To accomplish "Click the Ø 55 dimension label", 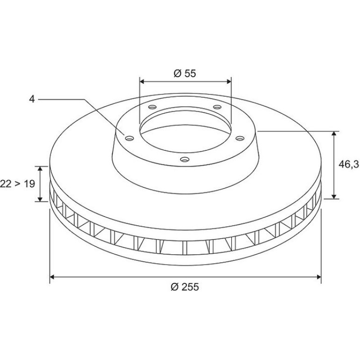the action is point(185,73).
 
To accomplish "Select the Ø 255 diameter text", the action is point(185,287).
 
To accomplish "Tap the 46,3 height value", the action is point(349,164).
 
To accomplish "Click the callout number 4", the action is point(32,99).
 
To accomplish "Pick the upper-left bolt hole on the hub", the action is point(152,107).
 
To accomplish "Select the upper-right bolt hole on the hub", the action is point(217,107).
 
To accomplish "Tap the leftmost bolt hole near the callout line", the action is point(130,138).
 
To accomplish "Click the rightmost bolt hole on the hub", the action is point(240,138).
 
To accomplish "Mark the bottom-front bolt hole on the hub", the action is point(185,159).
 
